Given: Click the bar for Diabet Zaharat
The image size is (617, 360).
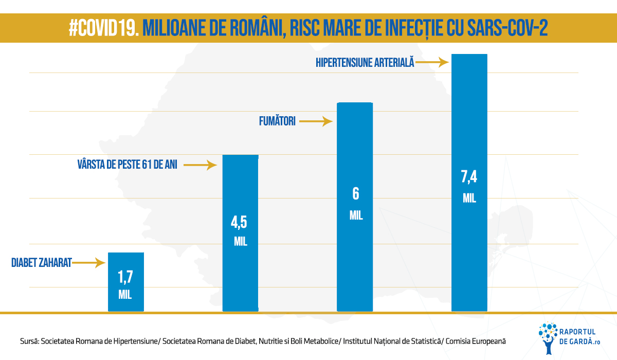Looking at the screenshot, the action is pyautogui.click(x=126, y=282).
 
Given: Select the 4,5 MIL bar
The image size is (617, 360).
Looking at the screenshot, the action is pyautogui.click(x=241, y=233).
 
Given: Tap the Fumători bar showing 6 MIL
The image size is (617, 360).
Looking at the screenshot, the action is pyautogui.click(x=355, y=207).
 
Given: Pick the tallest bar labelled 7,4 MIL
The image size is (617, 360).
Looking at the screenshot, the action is pyautogui.click(x=469, y=183).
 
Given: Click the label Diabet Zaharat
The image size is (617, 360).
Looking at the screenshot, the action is pyautogui.click(x=42, y=263).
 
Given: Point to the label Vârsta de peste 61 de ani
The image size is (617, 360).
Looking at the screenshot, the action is pyautogui.click(x=128, y=165).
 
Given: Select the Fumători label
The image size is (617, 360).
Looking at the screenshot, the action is pyautogui.click(x=277, y=121).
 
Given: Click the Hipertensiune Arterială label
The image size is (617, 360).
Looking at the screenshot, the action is pyautogui.click(x=365, y=62).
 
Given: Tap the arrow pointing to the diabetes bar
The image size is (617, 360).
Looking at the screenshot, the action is pyautogui.click(x=88, y=263).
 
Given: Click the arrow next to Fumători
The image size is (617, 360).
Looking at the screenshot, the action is pyautogui.click(x=316, y=121).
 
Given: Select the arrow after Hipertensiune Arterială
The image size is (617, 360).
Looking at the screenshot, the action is pyautogui.click(x=432, y=62).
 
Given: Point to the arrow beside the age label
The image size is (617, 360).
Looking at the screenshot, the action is pyautogui.click(x=200, y=165).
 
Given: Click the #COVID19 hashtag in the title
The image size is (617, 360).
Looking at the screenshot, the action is pyautogui.click(x=104, y=28).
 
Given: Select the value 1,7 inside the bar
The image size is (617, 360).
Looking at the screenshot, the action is pyautogui.click(x=125, y=277).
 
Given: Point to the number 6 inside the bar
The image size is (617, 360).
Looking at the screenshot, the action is pyautogui.click(x=356, y=194).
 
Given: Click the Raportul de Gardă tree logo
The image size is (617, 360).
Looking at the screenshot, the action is pyautogui.click(x=548, y=338).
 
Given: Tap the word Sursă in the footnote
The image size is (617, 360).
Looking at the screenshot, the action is pyautogui.click(x=30, y=341).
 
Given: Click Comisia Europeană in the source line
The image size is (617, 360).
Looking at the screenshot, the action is pyautogui.click(x=476, y=341).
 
